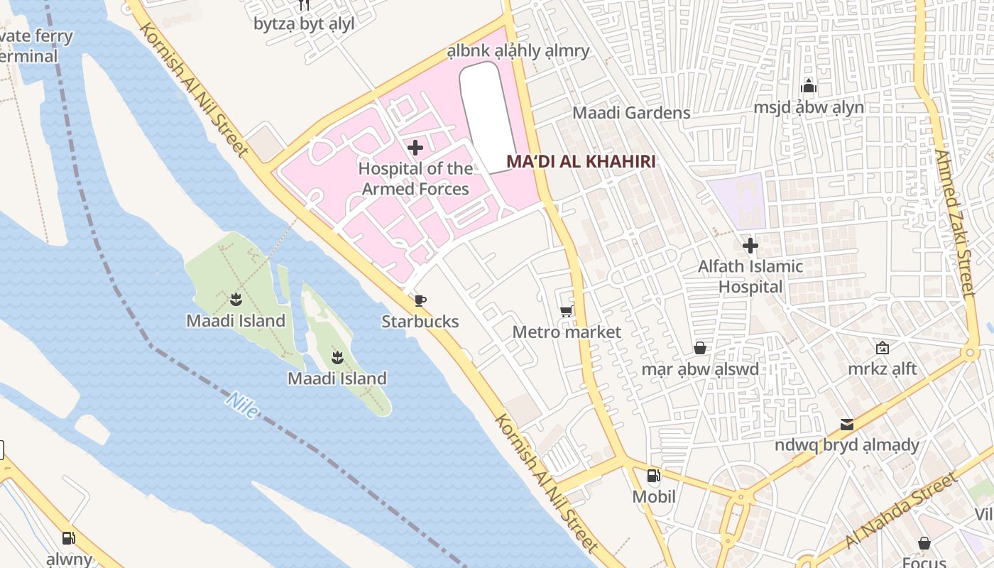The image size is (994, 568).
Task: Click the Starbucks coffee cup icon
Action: point(420,300)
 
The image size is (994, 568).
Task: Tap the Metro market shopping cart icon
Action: point(566,311)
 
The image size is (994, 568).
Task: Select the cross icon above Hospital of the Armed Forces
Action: point(415,148)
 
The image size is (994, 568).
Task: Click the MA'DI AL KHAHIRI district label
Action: point(580,162)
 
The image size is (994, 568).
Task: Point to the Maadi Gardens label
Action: point(631,113)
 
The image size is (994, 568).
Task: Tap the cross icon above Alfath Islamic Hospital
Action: point(750,246)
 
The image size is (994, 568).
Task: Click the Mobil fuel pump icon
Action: point(653,476)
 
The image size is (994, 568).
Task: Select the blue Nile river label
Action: point(241,405)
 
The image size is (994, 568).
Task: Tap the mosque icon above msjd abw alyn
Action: point(808,87)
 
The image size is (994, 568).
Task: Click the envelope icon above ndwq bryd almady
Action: point(846,425)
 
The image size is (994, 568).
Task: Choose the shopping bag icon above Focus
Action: point(924,543)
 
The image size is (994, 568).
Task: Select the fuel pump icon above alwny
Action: point(68,538)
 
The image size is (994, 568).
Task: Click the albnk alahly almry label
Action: point(518,51)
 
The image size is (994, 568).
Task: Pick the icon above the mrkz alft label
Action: point(882,348)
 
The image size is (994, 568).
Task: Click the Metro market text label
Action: point(567,332)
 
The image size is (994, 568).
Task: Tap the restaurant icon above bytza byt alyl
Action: point(304,5)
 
